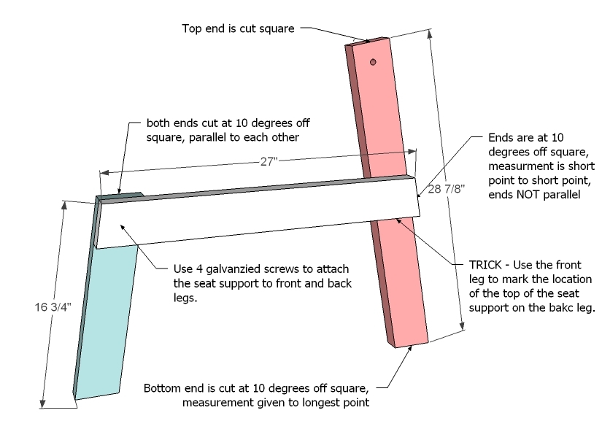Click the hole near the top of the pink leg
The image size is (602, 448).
click(x=372, y=63)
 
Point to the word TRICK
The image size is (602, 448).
click(x=466, y=265)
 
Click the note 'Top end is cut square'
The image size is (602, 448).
click(x=239, y=28)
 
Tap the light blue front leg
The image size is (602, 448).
click(x=109, y=321)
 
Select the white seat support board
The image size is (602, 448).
click(x=255, y=215)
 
